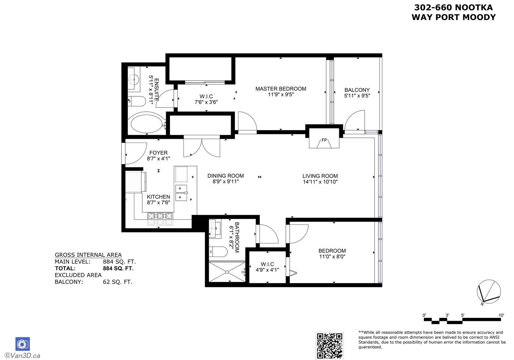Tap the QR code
tap(330, 346)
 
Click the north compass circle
tap(489, 291)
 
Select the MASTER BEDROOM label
tap(281, 89)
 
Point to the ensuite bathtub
tap(146, 123)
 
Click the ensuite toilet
tap(137, 101)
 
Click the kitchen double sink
tap(181, 193)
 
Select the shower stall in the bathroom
tap(227, 272)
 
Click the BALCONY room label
tap(357, 90)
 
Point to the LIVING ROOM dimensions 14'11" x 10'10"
tap(320, 182)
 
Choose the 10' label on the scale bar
tap(501, 315)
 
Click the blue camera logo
tap(22, 344)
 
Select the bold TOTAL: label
tap(65, 268)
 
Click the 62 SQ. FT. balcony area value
tap(118, 282)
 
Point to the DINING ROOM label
tap(226, 176)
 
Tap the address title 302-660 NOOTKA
tap(453, 8)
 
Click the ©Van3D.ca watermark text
tap(22, 356)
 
